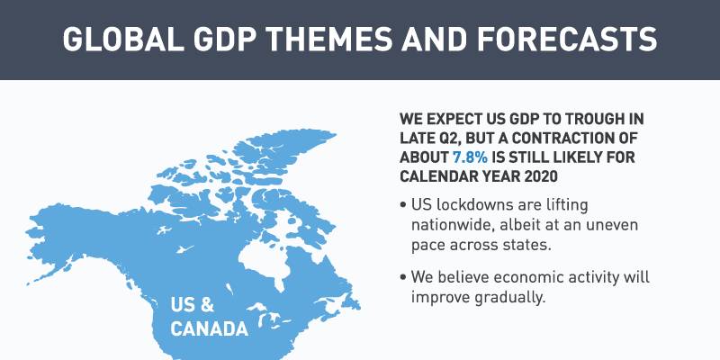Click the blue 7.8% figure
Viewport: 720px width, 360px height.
tap(471, 157)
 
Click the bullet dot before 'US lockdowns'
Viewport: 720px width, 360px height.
tap(401, 205)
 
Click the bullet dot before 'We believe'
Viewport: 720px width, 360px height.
tap(401, 277)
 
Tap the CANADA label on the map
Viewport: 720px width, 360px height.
tap(209, 328)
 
